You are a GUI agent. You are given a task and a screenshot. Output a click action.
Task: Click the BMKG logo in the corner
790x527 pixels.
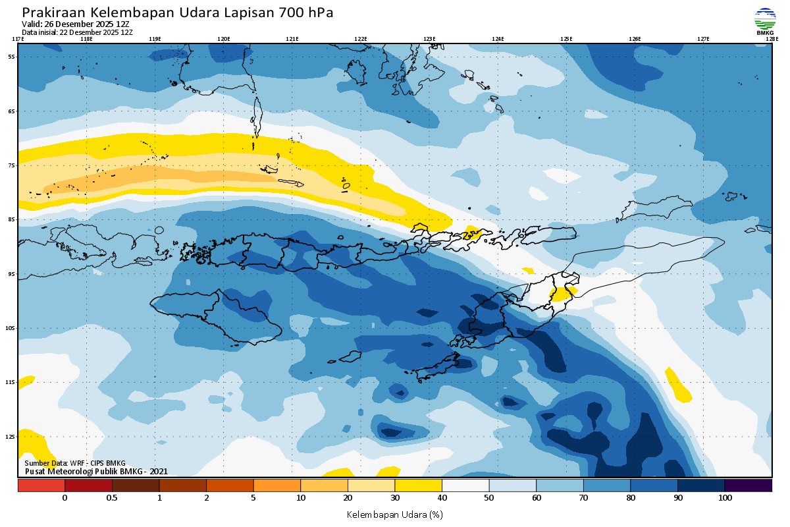click(765, 21)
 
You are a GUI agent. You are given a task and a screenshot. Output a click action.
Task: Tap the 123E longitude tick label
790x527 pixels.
click(429, 39)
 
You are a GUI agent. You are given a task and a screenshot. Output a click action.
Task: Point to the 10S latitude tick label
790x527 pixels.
click(12, 328)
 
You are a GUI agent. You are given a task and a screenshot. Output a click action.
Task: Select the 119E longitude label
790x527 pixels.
click(155, 39)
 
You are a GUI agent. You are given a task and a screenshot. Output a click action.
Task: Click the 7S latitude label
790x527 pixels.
click(12, 165)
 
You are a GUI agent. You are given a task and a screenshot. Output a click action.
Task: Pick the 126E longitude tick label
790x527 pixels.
click(635, 39)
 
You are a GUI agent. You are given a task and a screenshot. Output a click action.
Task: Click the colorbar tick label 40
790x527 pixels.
click(442, 498)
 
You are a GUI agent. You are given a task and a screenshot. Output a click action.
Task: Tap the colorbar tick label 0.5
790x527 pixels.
click(112, 498)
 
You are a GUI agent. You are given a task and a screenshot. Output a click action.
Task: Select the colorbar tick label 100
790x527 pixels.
click(725, 498)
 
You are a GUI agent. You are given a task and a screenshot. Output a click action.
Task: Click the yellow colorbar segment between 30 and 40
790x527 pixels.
click(418, 485)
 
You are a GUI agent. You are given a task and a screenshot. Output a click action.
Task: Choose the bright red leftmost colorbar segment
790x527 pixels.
click(41, 485)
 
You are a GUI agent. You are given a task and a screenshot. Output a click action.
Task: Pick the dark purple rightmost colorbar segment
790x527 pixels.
click(748, 485)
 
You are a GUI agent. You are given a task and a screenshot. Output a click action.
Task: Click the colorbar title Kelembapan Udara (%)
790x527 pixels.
click(394, 514)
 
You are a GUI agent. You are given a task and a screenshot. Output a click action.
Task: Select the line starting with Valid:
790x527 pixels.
click(76, 24)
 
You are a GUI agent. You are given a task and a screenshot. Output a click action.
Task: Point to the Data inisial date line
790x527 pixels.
click(77, 32)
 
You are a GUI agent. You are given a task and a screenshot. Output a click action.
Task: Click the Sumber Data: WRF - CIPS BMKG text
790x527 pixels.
click(75, 463)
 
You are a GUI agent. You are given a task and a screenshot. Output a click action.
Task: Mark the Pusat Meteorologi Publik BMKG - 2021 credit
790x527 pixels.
click(96, 471)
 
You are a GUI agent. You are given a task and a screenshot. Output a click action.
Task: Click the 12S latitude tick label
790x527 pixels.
click(12, 436)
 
